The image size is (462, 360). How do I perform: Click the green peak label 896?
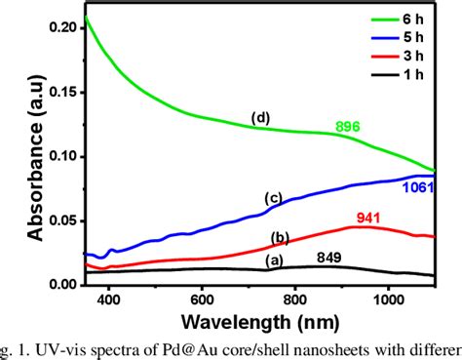coord(349,127)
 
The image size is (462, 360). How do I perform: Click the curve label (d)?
coord(259,119)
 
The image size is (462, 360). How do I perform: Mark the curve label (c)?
coord(274,198)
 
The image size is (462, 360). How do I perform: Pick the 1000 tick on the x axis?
coord(389,300)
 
